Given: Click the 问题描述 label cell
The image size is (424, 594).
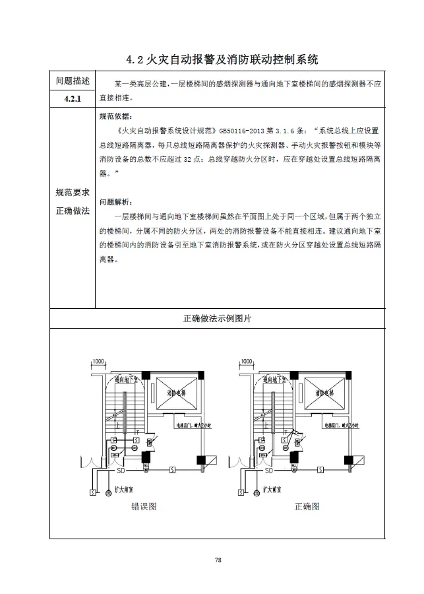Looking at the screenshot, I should tap(73, 81).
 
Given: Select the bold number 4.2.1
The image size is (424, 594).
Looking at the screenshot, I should tap(73, 99).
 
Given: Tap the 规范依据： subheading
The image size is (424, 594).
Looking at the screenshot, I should tap(115, 116).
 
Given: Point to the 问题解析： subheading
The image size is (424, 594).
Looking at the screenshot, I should tap(115, 201).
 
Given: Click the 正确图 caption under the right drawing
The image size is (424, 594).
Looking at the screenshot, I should tap(307, 507).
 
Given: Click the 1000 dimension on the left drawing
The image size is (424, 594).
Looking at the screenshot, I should tap(98, 362).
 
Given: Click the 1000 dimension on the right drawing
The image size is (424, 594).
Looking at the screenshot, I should tap(247, 362).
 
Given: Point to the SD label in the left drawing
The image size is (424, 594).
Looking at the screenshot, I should tap(121, 471).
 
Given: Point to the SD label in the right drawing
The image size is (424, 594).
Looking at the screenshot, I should tap(269, 471).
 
